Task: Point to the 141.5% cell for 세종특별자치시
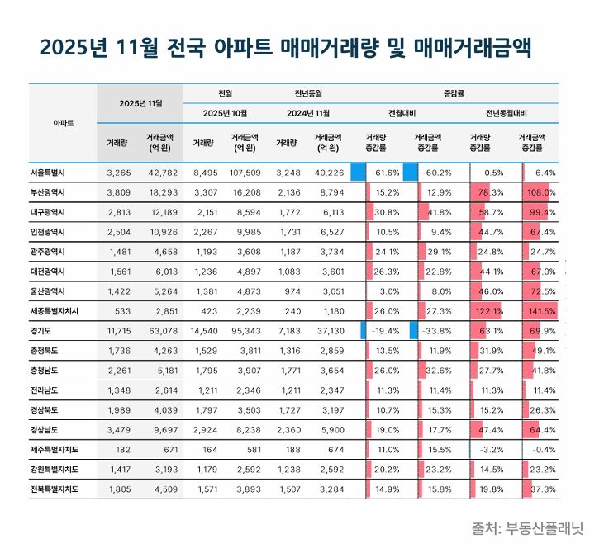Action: [542, 310]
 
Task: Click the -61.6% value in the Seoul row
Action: [386, 173]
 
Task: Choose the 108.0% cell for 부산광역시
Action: [542, 192]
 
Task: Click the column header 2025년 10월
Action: [225, 112]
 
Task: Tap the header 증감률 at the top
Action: [454, 93]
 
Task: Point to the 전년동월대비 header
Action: [507, 112]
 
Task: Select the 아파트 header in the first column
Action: [63, 122]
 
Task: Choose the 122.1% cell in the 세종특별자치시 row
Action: [488, 310]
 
